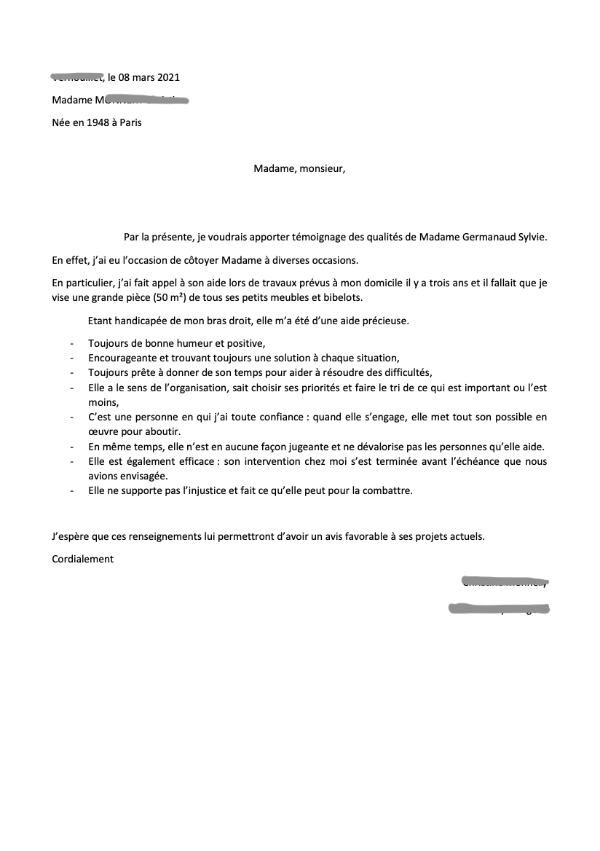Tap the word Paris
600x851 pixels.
[130, 122]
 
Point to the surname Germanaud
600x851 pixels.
[492, 237]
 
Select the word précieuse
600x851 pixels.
[383, 321]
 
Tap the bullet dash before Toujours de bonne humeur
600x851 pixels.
[71, 343]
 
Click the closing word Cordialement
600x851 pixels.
[83, 560]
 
